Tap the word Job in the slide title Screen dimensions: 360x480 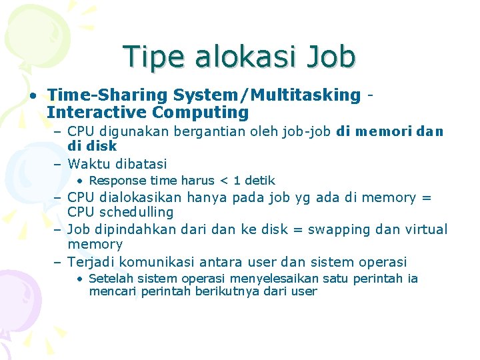pos(331,57)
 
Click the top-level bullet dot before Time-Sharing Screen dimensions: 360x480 pos(33,95)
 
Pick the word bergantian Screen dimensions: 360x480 pos(218,131)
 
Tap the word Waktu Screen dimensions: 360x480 pos(91,163)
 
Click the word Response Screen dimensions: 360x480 pos(115,181)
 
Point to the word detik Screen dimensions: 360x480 pos(259,181)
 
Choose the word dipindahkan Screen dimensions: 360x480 pos(134,229)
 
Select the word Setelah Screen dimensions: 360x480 pos(109,279)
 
